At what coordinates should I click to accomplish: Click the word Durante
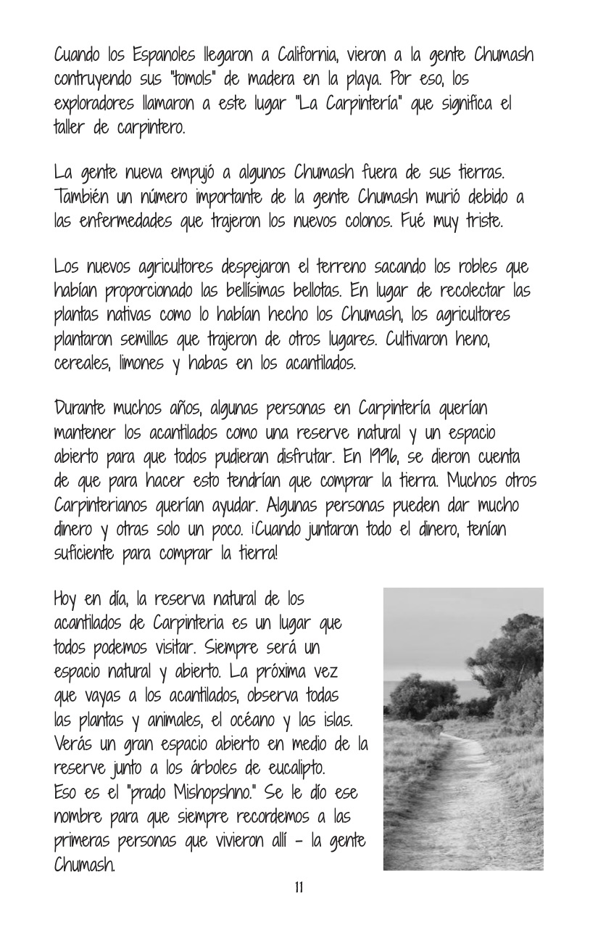pos(86,408)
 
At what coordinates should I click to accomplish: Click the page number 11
pos(299,888)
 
